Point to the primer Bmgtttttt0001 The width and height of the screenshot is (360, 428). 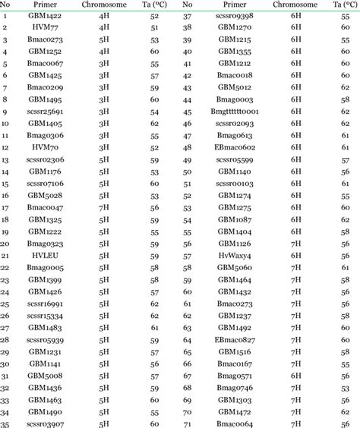[233, 110]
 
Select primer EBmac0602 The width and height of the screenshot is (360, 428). [233, 146]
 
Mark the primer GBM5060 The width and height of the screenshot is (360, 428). [233, 267]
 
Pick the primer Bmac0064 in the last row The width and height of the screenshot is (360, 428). [233, 423]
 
